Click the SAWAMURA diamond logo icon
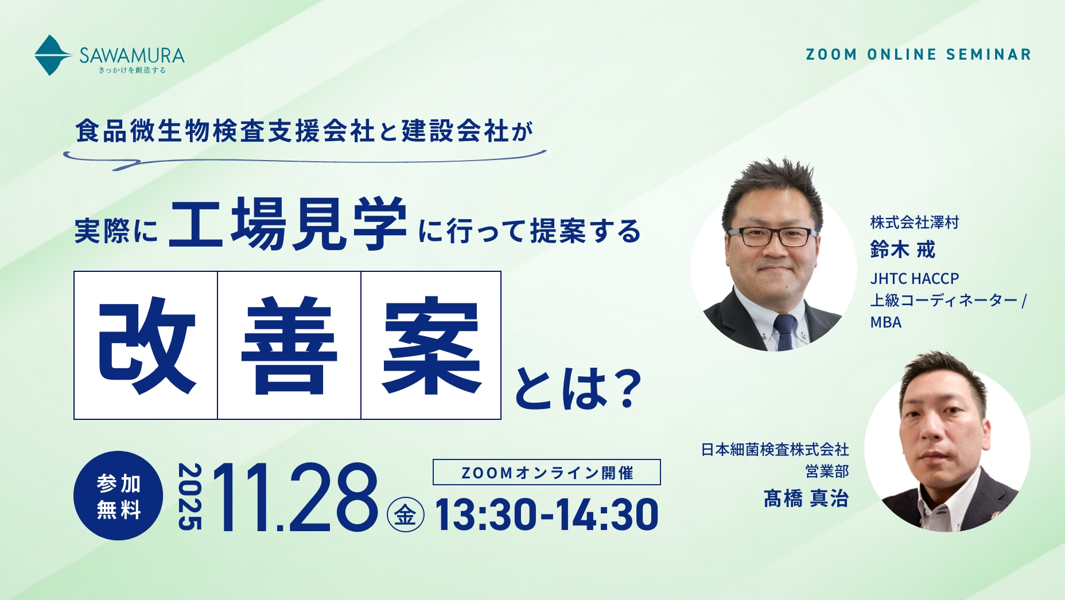[x=52, y=56]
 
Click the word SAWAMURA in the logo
[x=132, y=55]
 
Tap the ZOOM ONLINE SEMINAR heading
[x=918, y=54]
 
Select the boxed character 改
[x=146, y=346]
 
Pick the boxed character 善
[x=289, y=346]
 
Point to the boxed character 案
[x=431, y=346]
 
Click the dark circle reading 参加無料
[x=118, y=496]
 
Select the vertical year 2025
[x=190, y=496]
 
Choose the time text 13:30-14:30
[x=546, y=515]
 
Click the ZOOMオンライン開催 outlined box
[x=546, y=473]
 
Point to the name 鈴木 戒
[x=903, y=250]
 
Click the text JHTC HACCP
[x=914, y=279]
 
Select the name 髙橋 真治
[x=806, y=498]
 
